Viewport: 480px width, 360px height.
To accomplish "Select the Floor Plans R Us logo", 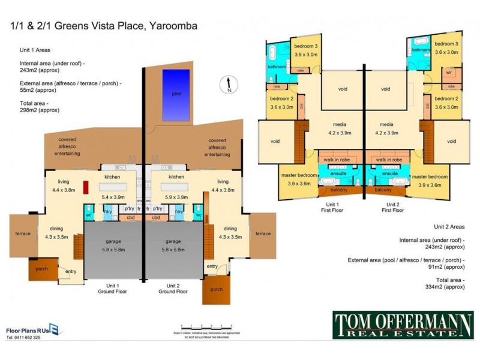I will click(x=35, y=329).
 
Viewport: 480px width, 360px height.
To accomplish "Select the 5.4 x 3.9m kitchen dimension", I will click(x=113, y=197).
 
